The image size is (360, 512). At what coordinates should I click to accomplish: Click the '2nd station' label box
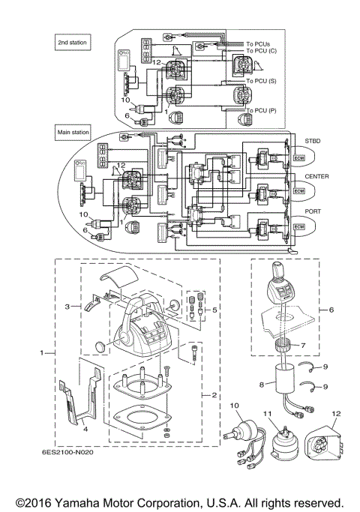pyautogui.click(x=72, y=43)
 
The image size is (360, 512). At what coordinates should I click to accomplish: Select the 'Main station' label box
pyautogui.click(x=73, y=132)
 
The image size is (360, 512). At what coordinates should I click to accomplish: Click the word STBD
pyautogui.click(x=313, y=140)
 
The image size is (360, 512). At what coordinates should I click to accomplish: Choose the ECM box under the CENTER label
pyautogui.click(x=299, y=192)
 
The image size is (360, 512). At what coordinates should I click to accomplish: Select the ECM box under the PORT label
pyautogui.click(x=299, y=226)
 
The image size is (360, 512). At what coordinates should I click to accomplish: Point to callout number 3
pyautogui.click(x=67, y=307)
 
